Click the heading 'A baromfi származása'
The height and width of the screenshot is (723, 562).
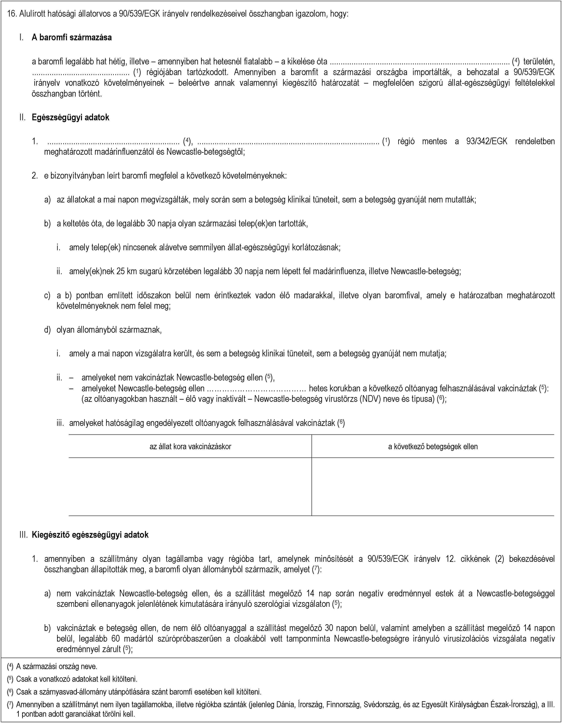[x=72, y=37]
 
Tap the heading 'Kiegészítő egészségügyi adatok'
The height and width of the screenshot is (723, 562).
[x=90, y=535]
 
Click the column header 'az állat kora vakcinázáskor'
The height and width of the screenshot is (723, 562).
[x=190, y=447]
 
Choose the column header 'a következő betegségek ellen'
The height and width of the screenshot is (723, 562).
[x=433, y=447]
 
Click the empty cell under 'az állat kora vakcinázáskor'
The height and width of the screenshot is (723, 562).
[x=190, y=487]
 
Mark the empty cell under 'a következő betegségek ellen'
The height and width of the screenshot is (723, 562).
[x=433, y=487]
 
